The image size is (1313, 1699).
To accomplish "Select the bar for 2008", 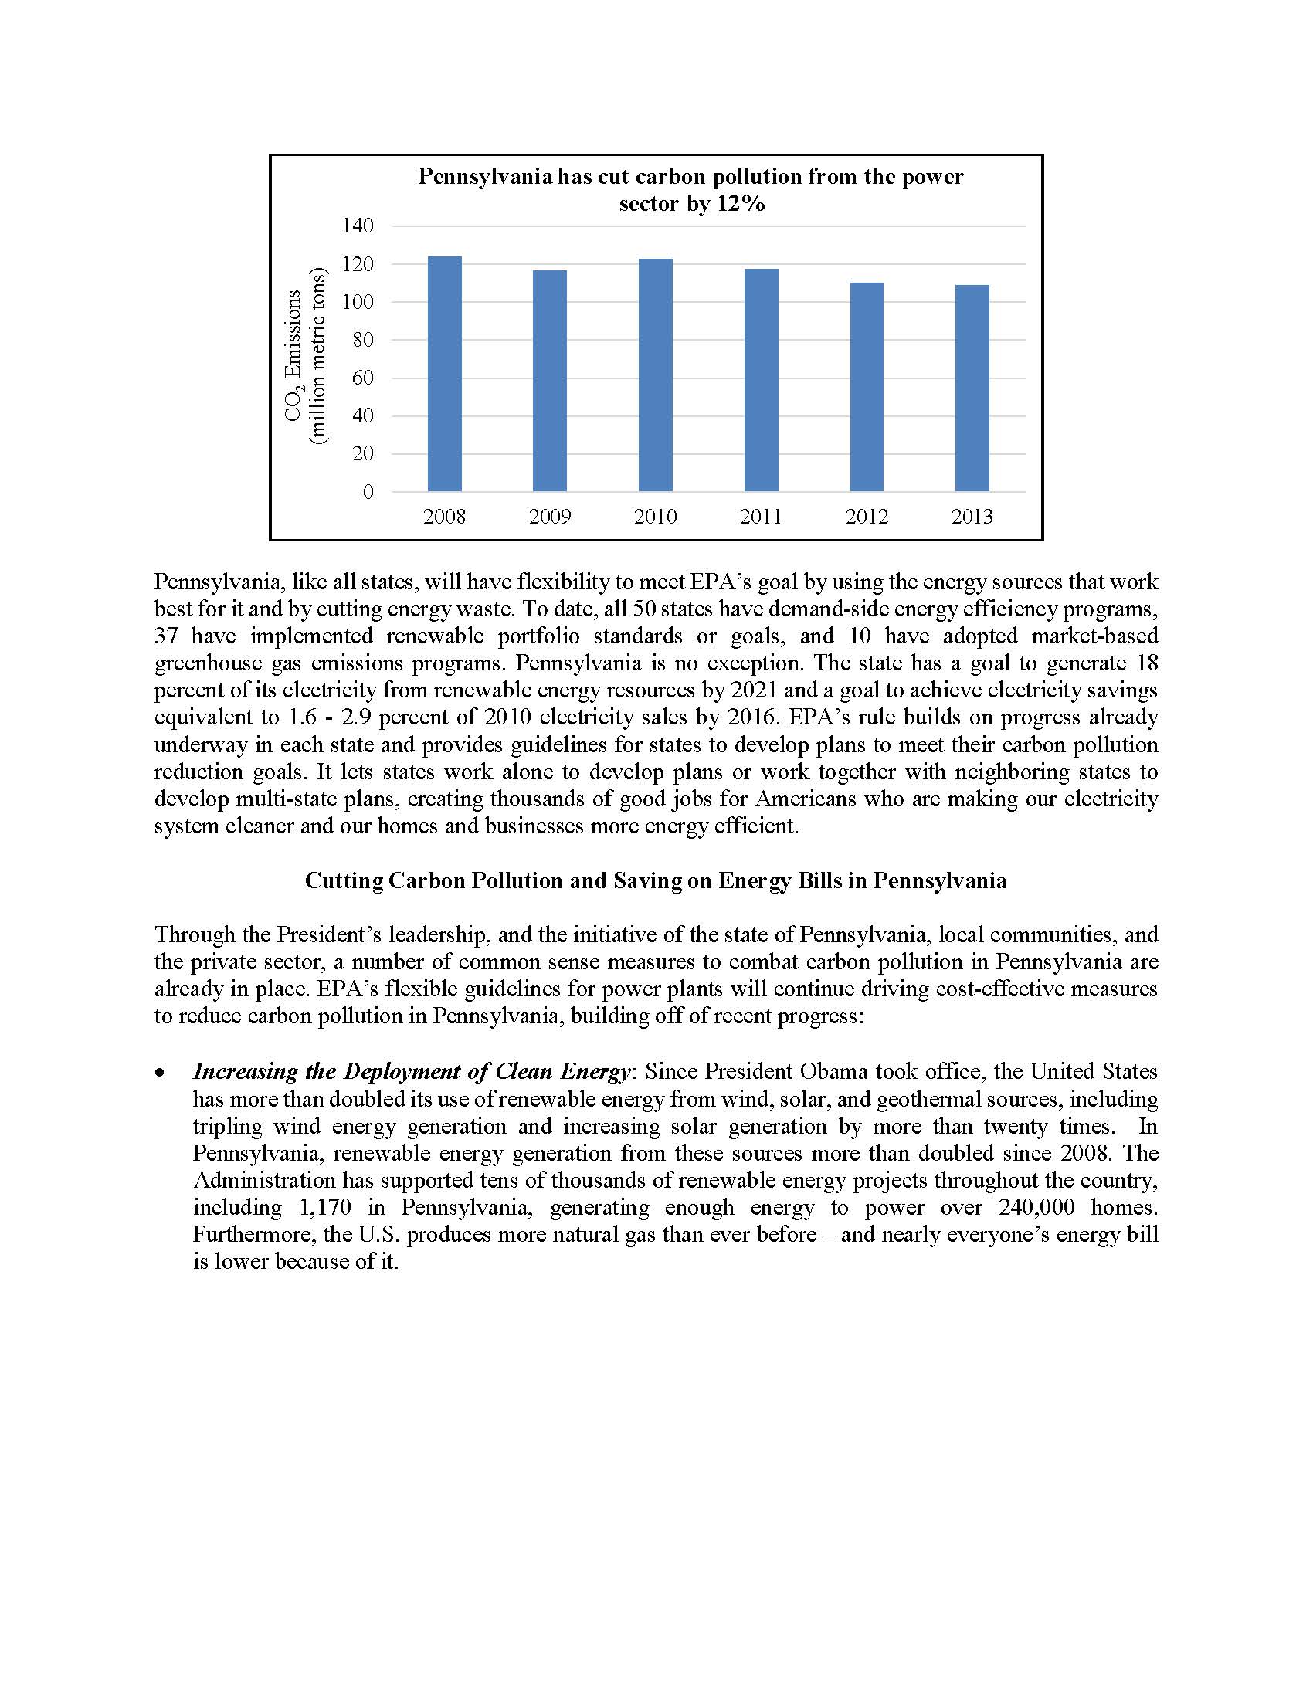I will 444,374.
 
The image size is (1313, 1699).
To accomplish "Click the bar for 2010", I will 655,375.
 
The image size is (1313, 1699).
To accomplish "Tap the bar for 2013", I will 972,388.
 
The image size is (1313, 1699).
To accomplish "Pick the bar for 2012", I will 867,387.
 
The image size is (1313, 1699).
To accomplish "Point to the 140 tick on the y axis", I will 358,226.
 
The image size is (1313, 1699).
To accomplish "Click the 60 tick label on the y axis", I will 362,378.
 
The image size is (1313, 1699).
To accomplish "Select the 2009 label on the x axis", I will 550,517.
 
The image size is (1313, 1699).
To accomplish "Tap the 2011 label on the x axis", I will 761,517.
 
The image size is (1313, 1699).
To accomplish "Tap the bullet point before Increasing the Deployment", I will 159,1073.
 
